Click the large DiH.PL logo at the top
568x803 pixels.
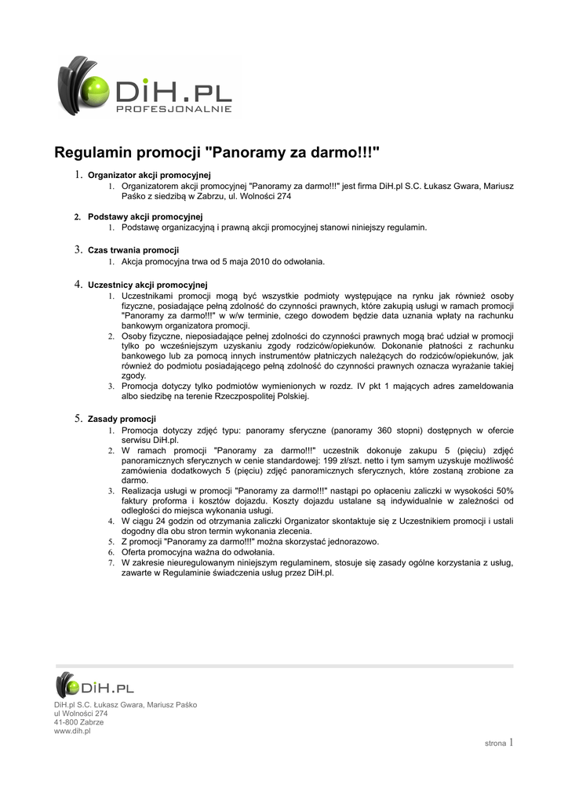[145, 87]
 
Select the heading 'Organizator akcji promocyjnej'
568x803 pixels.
[149, 174]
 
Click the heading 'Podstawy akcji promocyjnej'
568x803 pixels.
[145, 216]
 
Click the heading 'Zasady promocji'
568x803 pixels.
[122, 419]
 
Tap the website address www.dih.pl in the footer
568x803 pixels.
[72, 731]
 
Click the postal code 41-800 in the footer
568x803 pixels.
[67, 722]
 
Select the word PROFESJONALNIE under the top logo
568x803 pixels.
[173, 109]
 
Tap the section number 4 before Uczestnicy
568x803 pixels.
[78, 284]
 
